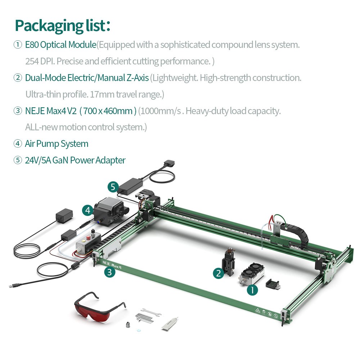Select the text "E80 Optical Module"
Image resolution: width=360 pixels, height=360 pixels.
[x=60, y=45]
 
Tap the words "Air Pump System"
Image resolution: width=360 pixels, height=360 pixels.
[x=57, y=144]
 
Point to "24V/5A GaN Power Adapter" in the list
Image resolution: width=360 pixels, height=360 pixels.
[x=75, y=160]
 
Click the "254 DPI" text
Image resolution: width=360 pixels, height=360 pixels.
[x=39, y=61]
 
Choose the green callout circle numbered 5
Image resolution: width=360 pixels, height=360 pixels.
[x=113, y=187]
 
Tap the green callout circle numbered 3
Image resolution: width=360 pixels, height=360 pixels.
[x=110, y=273]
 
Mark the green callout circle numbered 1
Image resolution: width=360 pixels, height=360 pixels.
[x=252, y=290]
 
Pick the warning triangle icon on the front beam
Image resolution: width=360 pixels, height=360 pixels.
[x=258, y=310]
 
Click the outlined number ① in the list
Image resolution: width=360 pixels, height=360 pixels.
[x=18, y=45]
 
